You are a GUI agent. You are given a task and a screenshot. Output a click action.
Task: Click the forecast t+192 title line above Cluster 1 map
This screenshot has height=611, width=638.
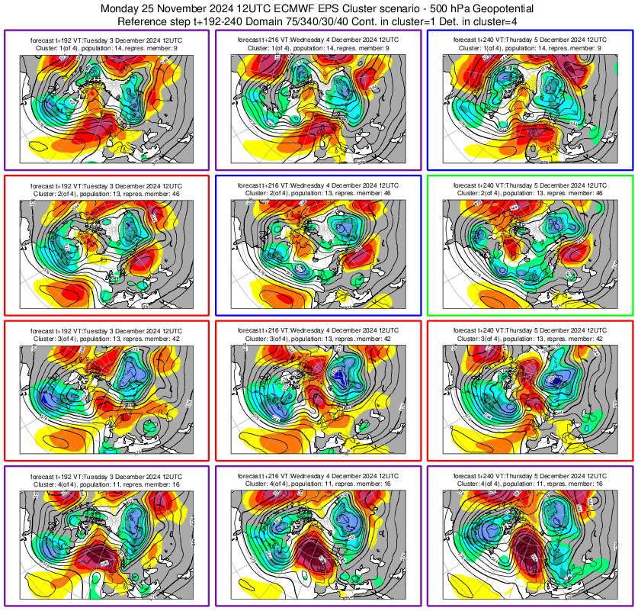click(x=106, y=38)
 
